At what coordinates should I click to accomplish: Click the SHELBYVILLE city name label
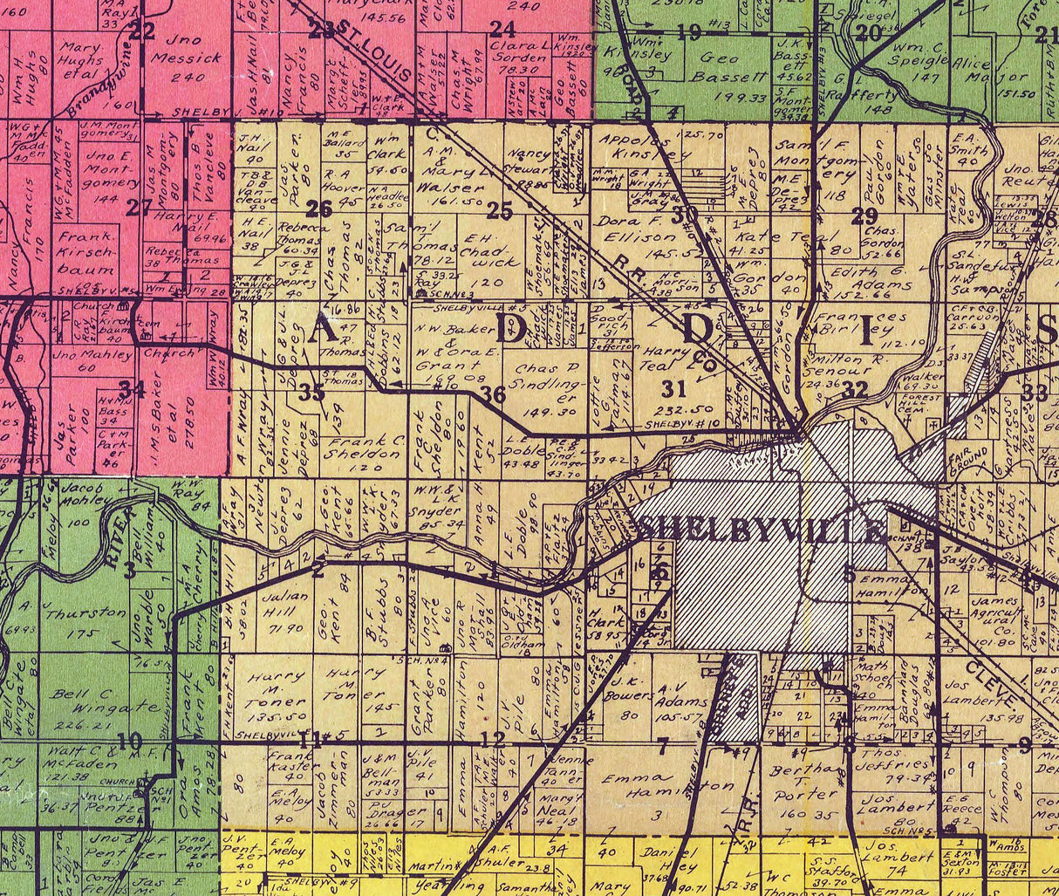point(762,530)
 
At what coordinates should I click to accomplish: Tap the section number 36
point(493,394)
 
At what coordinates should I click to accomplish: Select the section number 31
point(673,387)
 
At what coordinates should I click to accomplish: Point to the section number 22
point(141,31)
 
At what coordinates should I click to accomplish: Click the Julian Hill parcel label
point(285,612)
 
